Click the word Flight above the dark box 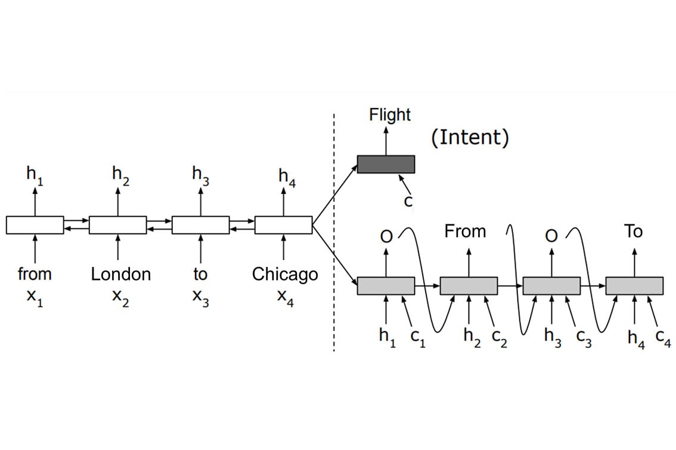(390, 115)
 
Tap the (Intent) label (470, 137)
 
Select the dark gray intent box (386, 164)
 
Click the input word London (121, 274)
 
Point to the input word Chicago (285, 274)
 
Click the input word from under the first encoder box (35, 274)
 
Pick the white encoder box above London (117, 225)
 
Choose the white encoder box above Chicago (283, 225)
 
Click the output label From (465, 232)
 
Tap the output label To (633, 232)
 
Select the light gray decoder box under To (634, 286)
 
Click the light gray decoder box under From (469, 286)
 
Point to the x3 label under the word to (200, 297)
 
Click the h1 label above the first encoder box (35, 175)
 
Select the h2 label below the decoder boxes (472, 337)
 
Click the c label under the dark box (408, 202)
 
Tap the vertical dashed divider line (334, 239)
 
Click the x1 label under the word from (35, 297)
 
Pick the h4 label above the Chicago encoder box (286, 177)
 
